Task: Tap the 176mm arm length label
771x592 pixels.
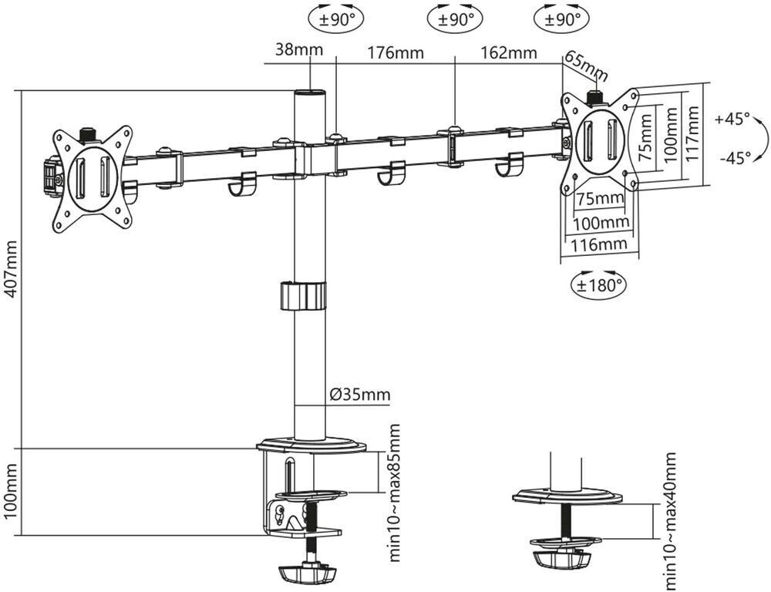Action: [396, 53]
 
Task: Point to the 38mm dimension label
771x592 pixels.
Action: [299, 49]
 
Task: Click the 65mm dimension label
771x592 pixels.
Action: [586, 66]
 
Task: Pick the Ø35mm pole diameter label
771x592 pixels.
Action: [360, 395]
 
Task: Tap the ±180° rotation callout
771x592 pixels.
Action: [599, 284]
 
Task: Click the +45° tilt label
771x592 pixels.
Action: [732, 119]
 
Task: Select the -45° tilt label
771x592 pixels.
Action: [735, 158]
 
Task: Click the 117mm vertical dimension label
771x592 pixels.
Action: [692, 134]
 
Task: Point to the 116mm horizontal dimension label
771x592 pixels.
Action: [598, 244]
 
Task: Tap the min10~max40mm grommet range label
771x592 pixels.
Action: [669, 522]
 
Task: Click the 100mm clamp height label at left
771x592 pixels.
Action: [11, 491]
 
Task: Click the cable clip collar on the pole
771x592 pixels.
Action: [303, 295]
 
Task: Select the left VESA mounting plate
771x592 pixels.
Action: [93, 179]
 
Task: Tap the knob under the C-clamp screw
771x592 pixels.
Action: [308, 573]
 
